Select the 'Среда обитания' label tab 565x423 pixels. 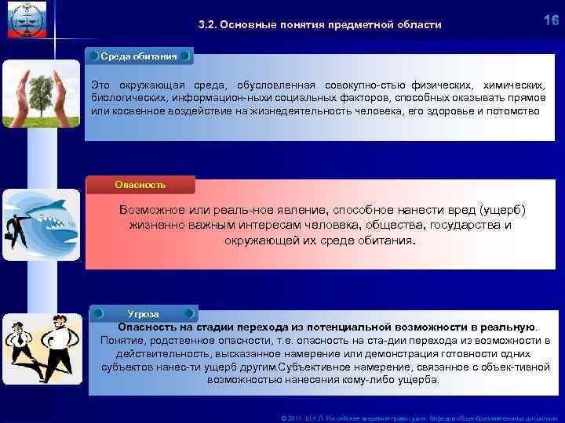(138, 57)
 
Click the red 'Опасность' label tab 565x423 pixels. (140, 185)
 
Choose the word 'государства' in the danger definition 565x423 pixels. (461, 225)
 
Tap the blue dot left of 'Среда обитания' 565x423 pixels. (93, 57)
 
